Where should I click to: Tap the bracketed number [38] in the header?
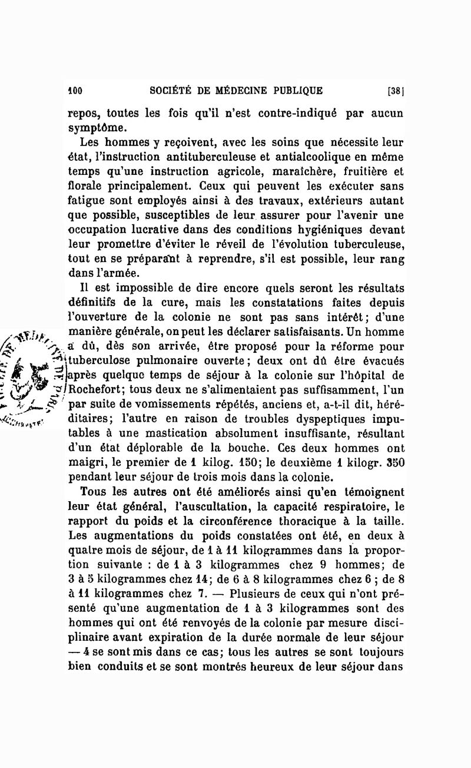click(x=394, y=91)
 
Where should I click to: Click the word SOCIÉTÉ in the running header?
click(x=171, y=91)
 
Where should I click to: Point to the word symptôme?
click(x=96, y=127)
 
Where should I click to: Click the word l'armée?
click(x=118, y=272)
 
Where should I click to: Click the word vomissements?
click(x=163, y=403)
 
